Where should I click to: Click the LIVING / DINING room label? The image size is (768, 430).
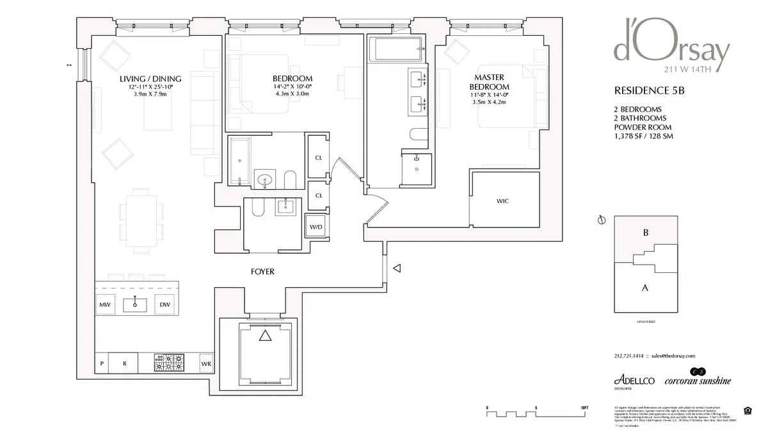(x=150, y=79)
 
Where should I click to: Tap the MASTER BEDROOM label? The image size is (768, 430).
(x=489, y=82)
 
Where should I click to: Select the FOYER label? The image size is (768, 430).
(x=262, y=272)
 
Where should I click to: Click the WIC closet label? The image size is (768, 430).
(x=503, y=201)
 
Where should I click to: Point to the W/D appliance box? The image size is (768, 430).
(x=316, y=227)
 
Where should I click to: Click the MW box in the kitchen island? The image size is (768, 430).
(x=104, y=304)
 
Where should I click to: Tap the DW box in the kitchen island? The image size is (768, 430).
(x=165, y=304)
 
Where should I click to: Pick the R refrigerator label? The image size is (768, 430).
(x=125, y=363)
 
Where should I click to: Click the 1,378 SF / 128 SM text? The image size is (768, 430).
(x=643, y=136)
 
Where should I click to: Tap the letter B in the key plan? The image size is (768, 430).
(x=645, y=233)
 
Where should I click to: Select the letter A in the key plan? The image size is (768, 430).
(x=644, y=288)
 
